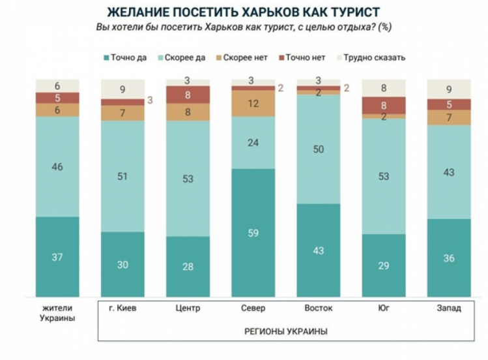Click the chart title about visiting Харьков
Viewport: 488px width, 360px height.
pos(244,12)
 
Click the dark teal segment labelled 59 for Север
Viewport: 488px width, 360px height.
pos(253,233)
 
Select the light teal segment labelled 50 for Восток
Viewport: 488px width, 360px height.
pos(318,149)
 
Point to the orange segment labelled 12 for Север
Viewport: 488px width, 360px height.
pos(253,103)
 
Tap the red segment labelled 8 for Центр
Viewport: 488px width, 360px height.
pos(188,95)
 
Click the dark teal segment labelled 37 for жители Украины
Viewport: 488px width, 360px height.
pos(57,257)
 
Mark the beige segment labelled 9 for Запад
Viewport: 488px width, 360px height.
pos(448,89)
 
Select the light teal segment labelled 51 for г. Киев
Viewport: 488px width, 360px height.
pos(122,176)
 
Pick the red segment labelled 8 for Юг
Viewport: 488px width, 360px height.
pos(383,105)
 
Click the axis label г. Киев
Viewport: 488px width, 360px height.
pos(122,308)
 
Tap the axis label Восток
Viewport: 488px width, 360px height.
pos(318,308)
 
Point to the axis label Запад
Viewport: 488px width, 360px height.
pos(448,308)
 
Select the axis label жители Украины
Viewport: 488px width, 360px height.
pos(57,312)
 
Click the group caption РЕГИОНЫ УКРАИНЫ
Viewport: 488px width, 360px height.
pos(285,331)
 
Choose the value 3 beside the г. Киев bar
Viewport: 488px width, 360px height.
pos(149,100)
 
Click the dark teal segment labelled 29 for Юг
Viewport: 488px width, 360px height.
pos(383,265)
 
